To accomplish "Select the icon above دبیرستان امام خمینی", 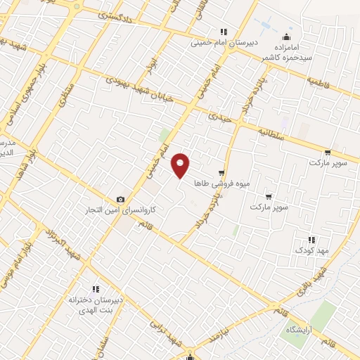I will (224, 32).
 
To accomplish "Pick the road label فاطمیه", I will (320, 81).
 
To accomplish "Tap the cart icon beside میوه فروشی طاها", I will (222, 172).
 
